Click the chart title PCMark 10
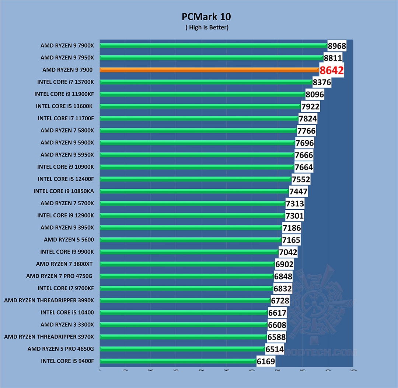(206, 17)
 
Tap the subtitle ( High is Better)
(206, 28)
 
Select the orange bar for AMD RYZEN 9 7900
(209, 70)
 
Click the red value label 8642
(332, 70)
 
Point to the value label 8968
(337, 46)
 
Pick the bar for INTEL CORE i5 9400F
(178, 361)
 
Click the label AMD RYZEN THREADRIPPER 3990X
(49, 301)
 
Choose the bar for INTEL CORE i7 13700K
(206, 82)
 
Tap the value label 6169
(266, 361)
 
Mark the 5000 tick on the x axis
(227, 370)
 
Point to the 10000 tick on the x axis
(353, 370)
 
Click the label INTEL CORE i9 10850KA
(64, 191)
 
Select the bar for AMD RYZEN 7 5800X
(198, 130)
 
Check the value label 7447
(298, 192)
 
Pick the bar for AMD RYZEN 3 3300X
(183, 325)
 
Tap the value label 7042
(288, 252)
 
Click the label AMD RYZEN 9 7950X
(67, 58)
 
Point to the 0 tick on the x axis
(100, 370)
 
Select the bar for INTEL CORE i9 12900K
(192, 215)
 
